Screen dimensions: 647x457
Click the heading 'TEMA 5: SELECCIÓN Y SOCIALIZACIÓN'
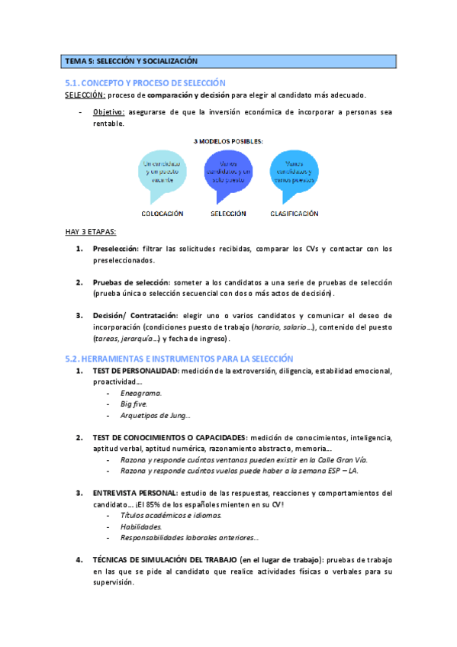pyautogui.click(x=131, y=61)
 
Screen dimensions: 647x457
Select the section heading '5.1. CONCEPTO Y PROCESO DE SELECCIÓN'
pyautogui.click(x=145, y=82)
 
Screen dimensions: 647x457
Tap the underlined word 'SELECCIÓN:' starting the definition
pyautogui.click(x=85, y=95)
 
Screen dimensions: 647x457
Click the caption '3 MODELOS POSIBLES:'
pyautogui.click(x=228, y=141)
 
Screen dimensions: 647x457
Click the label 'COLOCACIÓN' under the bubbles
pyautogui.click(x=163, y=214)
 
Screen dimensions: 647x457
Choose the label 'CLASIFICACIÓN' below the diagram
pyautogui.click(x=294, y=214)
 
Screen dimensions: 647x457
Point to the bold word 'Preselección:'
pyautogui.click(x=114, y=249)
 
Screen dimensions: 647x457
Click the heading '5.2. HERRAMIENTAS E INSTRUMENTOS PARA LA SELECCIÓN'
pyautogui.click(x=179, y=358)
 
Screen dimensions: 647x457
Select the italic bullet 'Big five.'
pyautogui.click(x=134, y=404)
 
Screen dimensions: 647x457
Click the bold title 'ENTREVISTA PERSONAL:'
pyautogui.click(x=135, y=494)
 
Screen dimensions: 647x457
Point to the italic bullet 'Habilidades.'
pyautogui.click(x=141, y=526)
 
